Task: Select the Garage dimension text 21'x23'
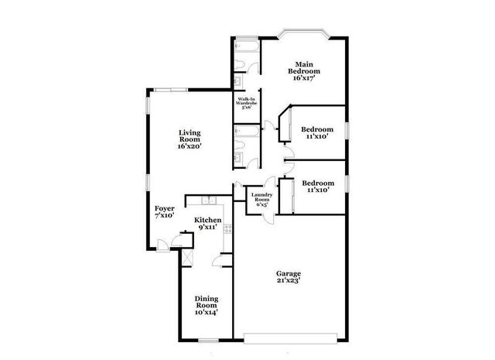[288, 280]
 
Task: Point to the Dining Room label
[206, 306]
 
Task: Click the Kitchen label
[208, 224]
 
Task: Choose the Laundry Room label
[258, 200]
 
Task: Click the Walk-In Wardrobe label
[247, 103]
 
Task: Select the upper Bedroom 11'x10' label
[317, 132]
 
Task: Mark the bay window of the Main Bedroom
[303, 35]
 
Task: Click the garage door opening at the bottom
[291, 337]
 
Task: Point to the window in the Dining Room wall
[207, 339]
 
